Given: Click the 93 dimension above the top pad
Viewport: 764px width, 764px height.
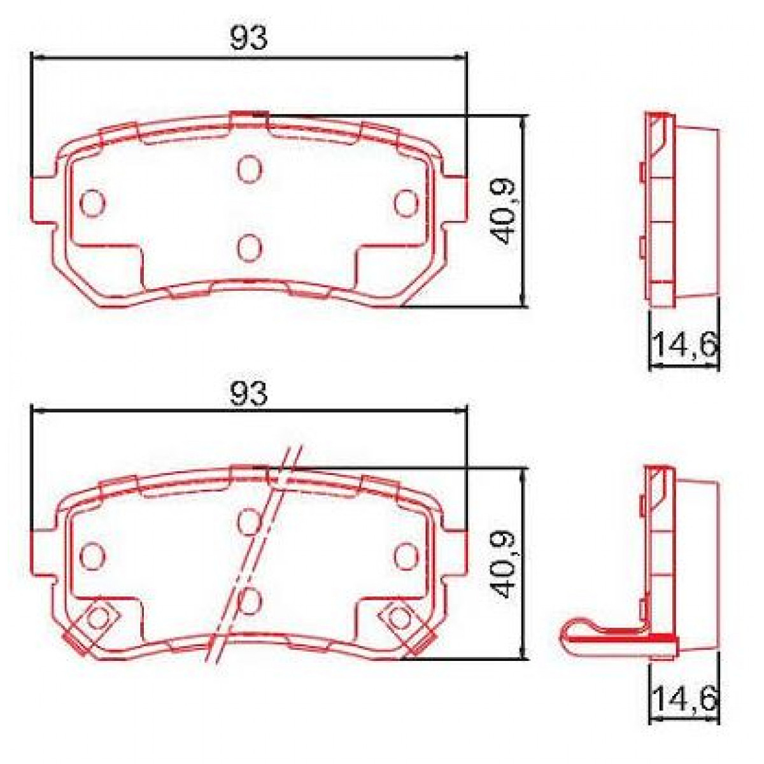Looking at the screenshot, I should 249,39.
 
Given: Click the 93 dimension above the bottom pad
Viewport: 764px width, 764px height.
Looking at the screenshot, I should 249,394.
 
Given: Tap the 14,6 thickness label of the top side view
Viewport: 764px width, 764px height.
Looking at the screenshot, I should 684,346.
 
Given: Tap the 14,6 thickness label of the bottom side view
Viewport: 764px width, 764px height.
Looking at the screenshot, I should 684,700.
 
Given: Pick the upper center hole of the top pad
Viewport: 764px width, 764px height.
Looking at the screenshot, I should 249,169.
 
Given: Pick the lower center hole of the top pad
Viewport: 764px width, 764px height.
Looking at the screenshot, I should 249,247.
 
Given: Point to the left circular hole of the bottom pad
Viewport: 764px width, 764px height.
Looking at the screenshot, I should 92,553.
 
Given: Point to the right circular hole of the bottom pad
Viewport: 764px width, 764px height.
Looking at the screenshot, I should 405,553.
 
